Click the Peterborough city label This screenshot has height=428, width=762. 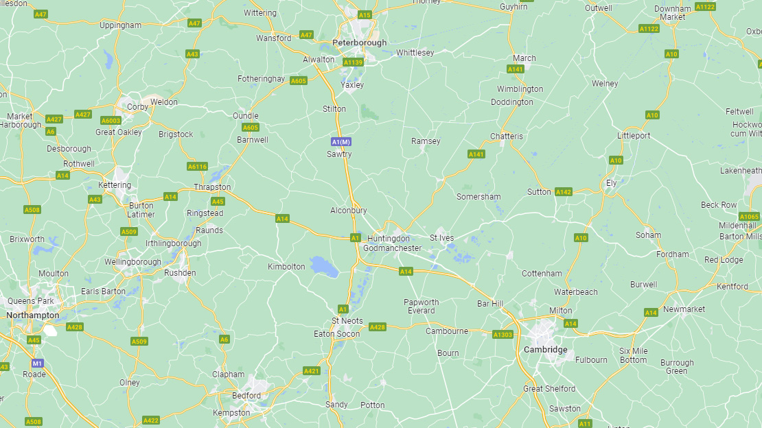click(x=359, y=43)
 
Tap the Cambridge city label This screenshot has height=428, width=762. click(x=545, y=350)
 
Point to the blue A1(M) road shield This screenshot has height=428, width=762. click(x=340, y=142)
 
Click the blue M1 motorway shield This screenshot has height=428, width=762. click(x=37, y=363)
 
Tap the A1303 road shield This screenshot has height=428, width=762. click(x=503, y=335)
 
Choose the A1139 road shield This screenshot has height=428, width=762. click(x=352, y=62)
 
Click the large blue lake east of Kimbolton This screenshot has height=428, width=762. click(x=323, y=266)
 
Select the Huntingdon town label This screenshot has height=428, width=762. click(x=388, y=239)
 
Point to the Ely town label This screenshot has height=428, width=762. click(x=611, y=184)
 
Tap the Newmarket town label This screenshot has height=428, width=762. click(x=684, y=309)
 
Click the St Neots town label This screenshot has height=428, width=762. click(x=347, y=321)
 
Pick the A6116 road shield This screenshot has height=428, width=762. click(x=197, y=167)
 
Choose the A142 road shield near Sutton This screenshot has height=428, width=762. click(x=564, y=192)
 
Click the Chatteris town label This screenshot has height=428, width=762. click(x=507, y=136)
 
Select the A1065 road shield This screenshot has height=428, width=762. click(x=749, y=217)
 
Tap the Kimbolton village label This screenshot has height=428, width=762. click(x=286, y=267)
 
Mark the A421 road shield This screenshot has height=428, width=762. click(x=312, y=371)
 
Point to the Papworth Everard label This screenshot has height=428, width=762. click(x=421, y=307)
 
